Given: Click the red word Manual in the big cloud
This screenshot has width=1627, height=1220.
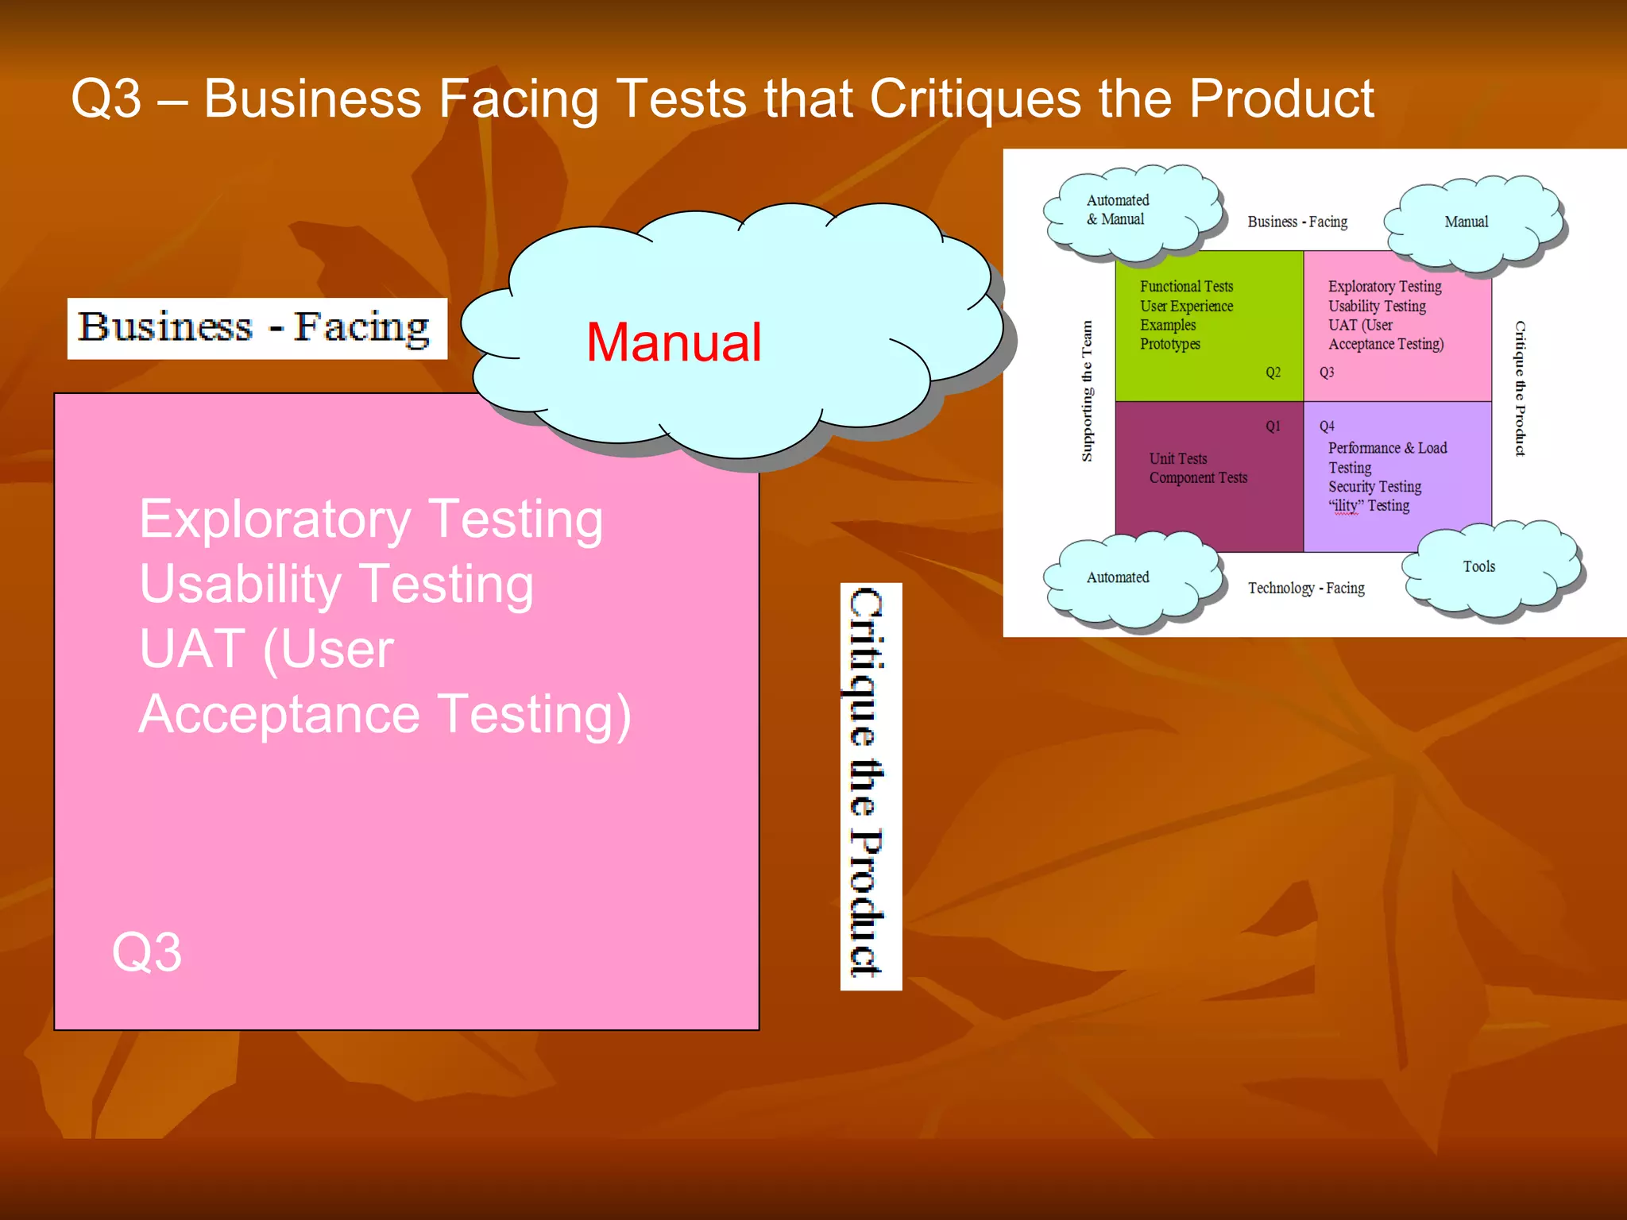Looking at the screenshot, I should [674, 343].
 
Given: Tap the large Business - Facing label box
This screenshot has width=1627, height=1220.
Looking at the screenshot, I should [257, 328].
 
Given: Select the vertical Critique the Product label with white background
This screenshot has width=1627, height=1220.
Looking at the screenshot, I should [870, 786].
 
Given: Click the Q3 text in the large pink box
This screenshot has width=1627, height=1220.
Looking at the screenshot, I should [147, 952].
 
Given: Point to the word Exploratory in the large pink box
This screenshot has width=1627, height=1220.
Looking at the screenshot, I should [275, 520].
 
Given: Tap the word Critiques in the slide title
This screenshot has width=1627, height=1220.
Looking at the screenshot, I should [975, 99].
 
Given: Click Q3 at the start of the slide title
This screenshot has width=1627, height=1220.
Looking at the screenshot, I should [106, 99].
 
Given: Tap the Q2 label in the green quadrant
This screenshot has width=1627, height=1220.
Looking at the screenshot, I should [1273, 373].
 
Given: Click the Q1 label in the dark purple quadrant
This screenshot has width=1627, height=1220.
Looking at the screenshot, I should [1273, 427].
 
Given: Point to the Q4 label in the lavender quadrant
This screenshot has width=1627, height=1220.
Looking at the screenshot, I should [1327, 427].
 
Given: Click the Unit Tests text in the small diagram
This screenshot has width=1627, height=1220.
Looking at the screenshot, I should [1178, 459].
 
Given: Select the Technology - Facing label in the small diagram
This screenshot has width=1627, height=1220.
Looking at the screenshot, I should [1306, 589].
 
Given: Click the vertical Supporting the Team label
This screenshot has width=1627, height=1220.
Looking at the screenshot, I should [1088, 391].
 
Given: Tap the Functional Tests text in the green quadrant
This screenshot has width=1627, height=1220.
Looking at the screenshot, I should [1186, 287].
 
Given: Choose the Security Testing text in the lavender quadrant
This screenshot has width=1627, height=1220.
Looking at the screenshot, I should [1374, 487].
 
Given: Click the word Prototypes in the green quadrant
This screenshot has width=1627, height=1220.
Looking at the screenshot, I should [1169, 345].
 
